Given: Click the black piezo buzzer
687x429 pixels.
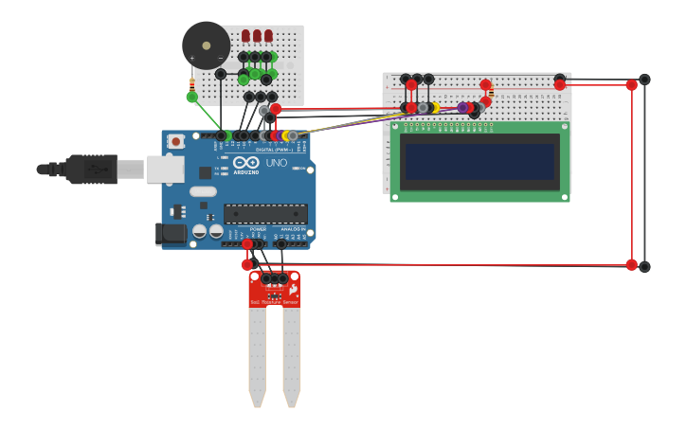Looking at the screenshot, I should click(x=206, y=45).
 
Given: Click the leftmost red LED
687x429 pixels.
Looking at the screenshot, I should click(x=245, y=36).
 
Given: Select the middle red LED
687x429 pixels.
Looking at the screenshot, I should click(x=257, y=36).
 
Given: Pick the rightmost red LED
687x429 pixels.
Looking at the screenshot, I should click(x=268, y=36).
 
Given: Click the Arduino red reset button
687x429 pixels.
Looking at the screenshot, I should click(x=175, y=142).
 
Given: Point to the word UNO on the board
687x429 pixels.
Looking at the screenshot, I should click(x=275, y=163).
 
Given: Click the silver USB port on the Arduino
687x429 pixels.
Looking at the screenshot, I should click(x=165, y=170).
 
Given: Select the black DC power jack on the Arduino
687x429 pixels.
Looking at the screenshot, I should click(x=171, y=233).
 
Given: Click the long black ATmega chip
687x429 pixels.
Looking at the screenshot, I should click(x=265, y=214).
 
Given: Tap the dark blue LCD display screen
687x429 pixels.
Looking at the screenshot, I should click(x=479, y=161).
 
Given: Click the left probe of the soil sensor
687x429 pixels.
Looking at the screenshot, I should click(x=258, y=355).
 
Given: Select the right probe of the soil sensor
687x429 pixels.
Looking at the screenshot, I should click(x=291, y=355).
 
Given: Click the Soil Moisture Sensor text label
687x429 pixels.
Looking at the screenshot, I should click(x=275, y=302).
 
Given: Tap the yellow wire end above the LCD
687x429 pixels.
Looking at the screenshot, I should click(x=434, y=108).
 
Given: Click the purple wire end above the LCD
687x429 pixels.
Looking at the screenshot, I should click(x=463, y=108).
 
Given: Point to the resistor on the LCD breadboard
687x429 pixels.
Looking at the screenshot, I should click(x=489, y=92).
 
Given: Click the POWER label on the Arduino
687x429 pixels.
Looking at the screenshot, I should click(x=258, y=229).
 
